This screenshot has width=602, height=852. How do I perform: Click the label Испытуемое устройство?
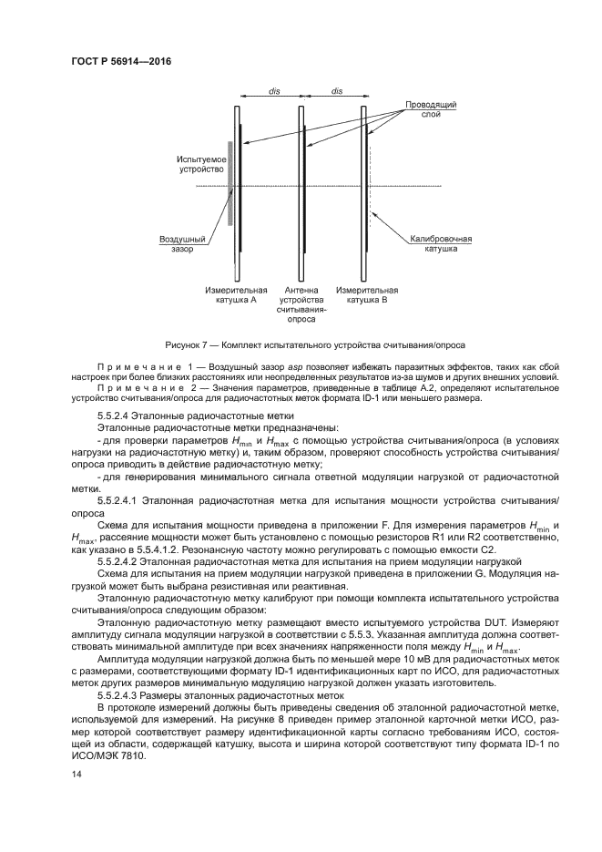click(x=200, y=165)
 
